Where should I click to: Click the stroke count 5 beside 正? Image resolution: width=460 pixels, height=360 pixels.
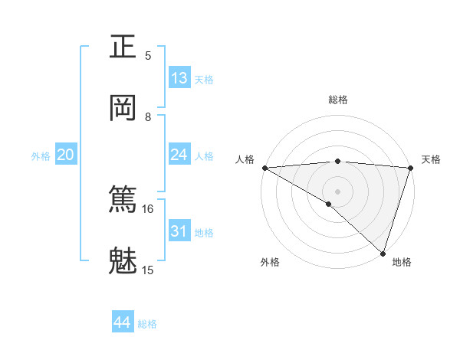148,56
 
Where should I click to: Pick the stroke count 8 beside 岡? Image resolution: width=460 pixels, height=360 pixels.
148,117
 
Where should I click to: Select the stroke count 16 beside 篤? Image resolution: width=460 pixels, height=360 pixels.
148,208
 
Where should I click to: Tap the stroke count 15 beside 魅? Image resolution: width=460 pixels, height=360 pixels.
148,270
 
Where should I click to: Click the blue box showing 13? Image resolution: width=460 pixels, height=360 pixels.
179,78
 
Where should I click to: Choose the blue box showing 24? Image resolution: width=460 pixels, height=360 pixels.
179,155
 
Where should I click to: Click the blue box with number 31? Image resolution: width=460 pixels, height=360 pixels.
179,231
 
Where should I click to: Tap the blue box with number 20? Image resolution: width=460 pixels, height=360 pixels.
66,155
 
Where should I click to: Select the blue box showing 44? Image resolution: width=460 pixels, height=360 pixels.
123,322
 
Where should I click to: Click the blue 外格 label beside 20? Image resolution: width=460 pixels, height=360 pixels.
41,156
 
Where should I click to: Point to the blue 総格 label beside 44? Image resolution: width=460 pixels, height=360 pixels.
147,324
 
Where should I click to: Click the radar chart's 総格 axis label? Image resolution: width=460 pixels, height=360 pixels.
338,100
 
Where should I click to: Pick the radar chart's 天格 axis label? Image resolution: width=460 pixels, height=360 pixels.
431,159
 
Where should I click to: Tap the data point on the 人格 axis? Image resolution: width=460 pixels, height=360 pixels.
264,168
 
